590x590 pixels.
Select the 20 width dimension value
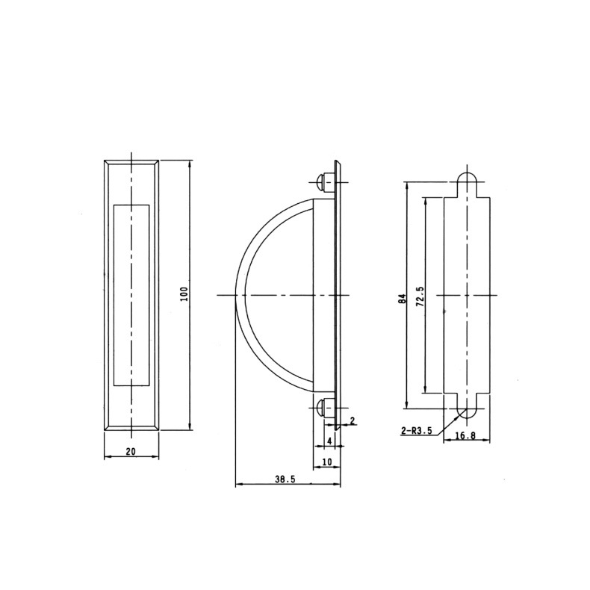[x=131, y=451]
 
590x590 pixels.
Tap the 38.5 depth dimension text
[x=285, y=479]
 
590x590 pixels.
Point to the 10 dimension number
[x=327, y=462]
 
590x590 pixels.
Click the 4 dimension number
[x=329, y=441]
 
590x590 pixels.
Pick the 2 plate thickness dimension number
[x=353, y=420]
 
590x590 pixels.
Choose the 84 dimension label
[x=403, y=299]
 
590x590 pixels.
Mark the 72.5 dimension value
[x=420, y=296]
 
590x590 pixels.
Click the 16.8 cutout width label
[x=465, y=435]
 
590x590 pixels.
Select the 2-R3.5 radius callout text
[x=416, y=431]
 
